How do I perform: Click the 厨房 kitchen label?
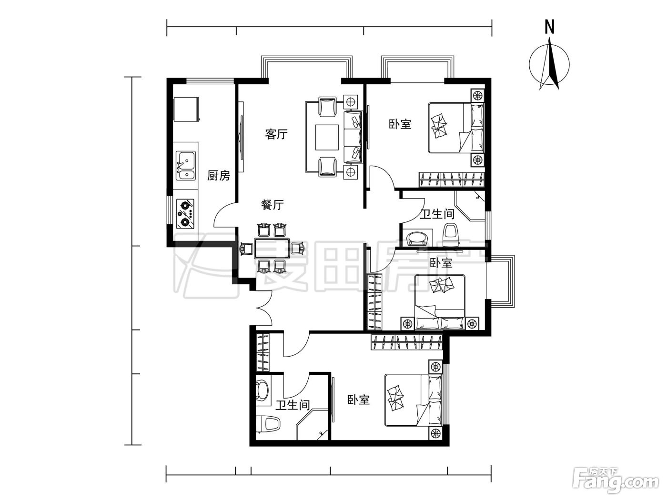pos(219,175)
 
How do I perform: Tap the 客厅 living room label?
pos(276,134)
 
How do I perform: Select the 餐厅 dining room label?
pos(272,204)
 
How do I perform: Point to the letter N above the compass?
pos(549,27)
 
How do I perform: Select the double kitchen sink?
pos(186,166)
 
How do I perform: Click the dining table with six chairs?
pos(272,248)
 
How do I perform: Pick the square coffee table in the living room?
pos(327,137)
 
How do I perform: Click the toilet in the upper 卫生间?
pos(451,234)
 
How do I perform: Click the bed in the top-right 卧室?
pos(456,128)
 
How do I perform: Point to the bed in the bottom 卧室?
pos(413,400)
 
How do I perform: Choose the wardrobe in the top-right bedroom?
pos(451,180)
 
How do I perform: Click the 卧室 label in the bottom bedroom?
pos(359,400)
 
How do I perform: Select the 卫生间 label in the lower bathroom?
pos(293,405)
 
